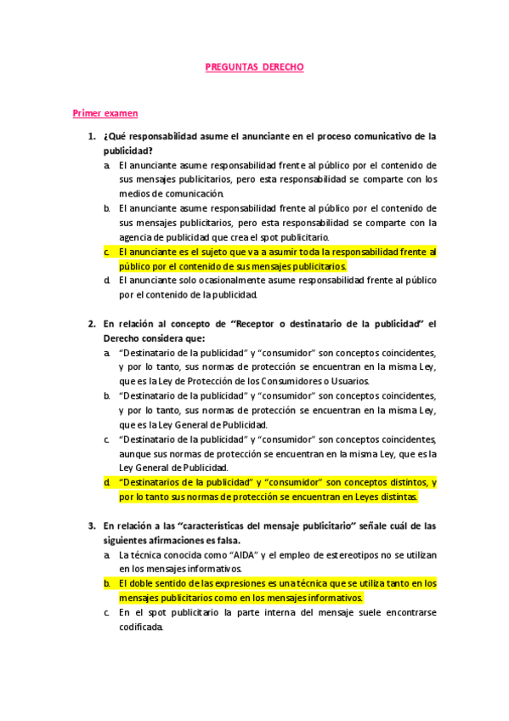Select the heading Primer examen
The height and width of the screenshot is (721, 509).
(x=105, y=113)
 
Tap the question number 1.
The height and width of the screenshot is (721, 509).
(x=91, y=136)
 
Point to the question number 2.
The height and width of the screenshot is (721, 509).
(x=91, y=323)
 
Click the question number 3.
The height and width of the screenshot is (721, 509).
(x=91, y=525)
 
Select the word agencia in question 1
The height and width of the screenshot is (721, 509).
(x=135, y=237)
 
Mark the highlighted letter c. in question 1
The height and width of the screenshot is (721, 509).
(x=107, y=252)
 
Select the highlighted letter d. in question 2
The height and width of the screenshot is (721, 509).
(x=107, y=482)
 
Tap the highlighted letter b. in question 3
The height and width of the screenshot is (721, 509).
(x=107, y=583)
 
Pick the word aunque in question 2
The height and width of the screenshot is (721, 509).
(x=136, y=453)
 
